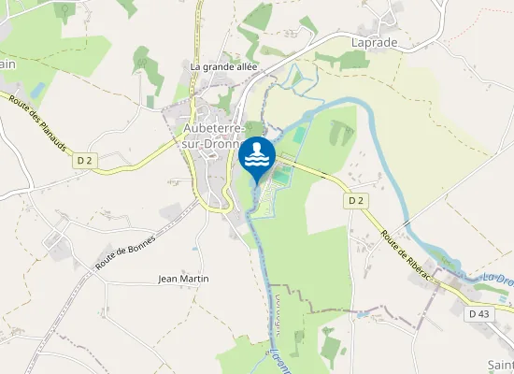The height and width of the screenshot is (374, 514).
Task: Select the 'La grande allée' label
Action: pyautogui.click(x=223, y=66)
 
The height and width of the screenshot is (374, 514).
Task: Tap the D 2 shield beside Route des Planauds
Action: pyautogui.click(x=85, y=161)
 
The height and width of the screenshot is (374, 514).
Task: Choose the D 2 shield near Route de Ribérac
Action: pyautogui.click(x=355, y=200)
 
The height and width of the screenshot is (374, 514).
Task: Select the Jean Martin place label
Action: pyautogui.click(x=183, y=279)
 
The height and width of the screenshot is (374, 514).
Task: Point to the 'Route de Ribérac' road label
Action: pyautogui.click(x=408, y=247)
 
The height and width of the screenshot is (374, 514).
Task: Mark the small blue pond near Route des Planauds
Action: pyautogui.click(x=37, y=91)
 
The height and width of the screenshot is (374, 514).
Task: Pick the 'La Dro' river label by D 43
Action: pyautogui.click(x=498, y=279)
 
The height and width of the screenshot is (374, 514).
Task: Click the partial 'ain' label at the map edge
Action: pyautogui.click(x=7, y=64)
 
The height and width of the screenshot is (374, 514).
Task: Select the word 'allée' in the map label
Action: pyautogui.click(x=244, y=66)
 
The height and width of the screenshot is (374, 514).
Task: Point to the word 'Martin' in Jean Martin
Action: pyautogui.click(x=194, y=279)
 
